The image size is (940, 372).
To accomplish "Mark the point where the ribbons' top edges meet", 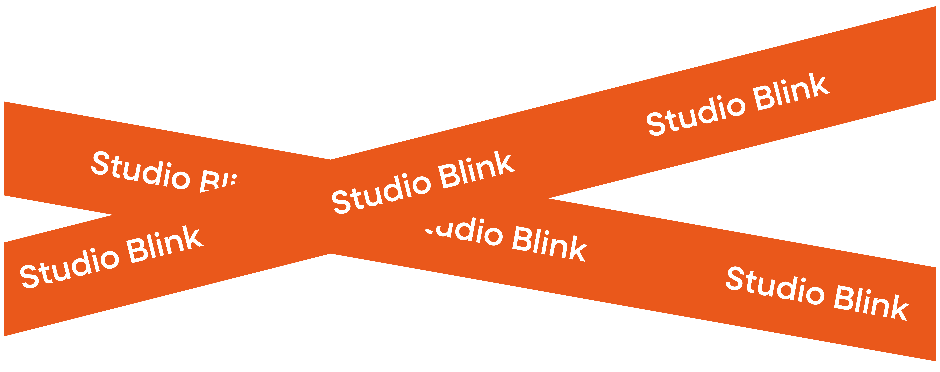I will click(331, 159).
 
